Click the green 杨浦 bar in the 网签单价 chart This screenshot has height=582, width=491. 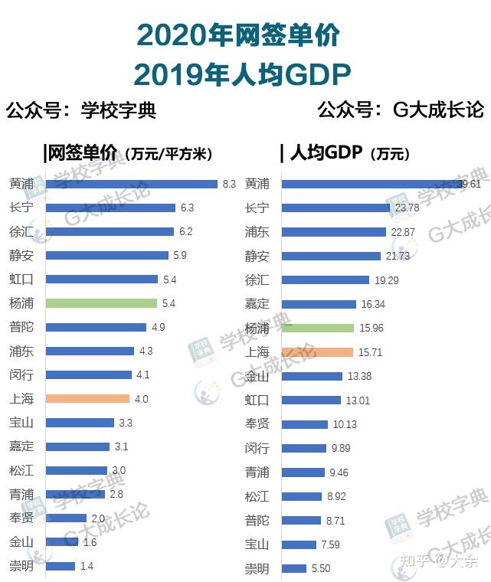(x=101, y=303)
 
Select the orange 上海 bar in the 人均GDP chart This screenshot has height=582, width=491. (x=317, y=352)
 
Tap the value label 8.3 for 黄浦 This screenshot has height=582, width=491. (x=229, y=185)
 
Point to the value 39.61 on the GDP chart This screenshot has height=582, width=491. (x=469, y=185)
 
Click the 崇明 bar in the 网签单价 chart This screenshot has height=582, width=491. (x=61, y=567)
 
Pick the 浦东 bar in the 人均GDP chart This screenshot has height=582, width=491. (x=333, y=232)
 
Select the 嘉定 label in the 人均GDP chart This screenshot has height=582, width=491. (x=257, y=304)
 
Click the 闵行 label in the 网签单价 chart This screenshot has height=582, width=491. (x=21, y=375)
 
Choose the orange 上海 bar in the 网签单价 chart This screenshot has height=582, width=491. (x=87, y=399)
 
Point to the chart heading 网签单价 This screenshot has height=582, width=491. (x=81, y=153)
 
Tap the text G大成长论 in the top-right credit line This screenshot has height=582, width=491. (x=438, y=110)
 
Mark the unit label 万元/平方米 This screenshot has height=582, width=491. (x=170, y=154)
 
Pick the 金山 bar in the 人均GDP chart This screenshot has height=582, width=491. (x=312, y=376)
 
